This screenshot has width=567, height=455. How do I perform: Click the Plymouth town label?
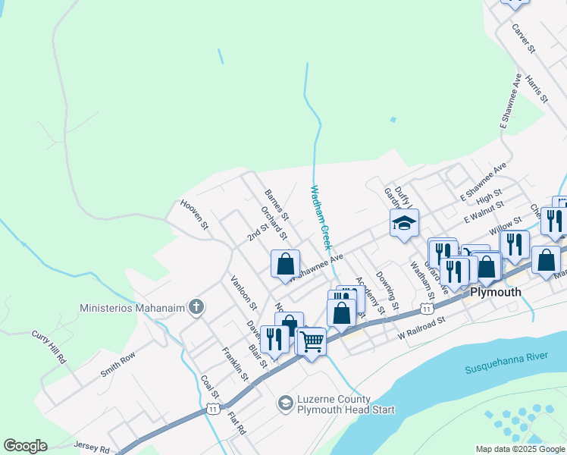(x=496, y=292)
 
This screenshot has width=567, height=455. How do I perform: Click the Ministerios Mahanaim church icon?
(x=196, y=308)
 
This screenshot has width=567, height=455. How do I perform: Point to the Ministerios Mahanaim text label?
(x=133, y=309)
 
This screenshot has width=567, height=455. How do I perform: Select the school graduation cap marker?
(x=404, y=223)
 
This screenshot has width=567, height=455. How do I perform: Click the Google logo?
(x=25, y=446)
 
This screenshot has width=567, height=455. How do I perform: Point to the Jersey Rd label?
(x=91, y=446)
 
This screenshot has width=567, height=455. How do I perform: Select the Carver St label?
(x=524, y=39)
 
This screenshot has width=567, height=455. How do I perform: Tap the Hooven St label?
(x=194, y=214)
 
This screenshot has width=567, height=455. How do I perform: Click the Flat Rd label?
(x=237, y=422)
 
